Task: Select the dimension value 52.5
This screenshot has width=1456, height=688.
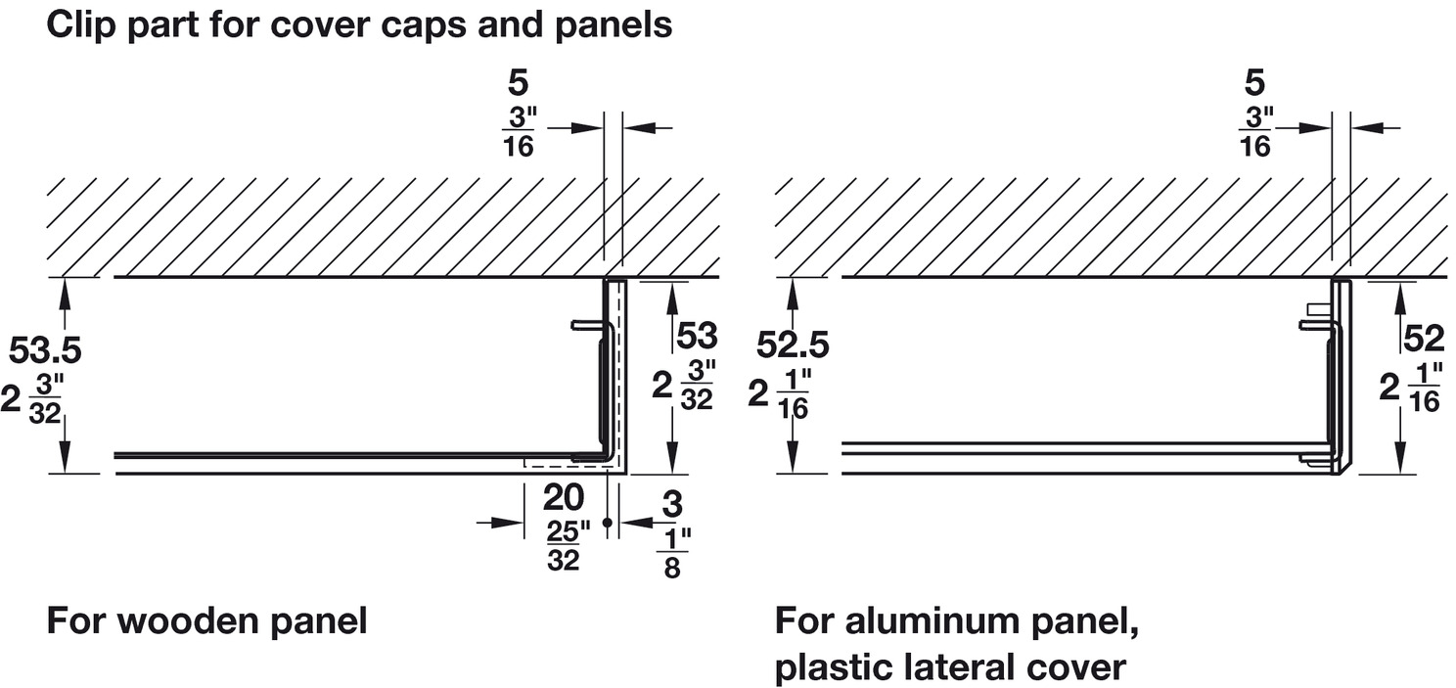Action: coord(794,344)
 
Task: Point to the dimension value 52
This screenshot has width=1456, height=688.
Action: coord(1424,339)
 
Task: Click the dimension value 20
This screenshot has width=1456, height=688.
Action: coord(564,498)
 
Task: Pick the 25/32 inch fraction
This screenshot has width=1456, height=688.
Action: coord(569,545)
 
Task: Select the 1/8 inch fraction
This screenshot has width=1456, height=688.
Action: coord(671,554)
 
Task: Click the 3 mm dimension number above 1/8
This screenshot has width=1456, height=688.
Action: coord(671,505)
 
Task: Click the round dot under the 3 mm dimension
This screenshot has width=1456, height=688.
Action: coord(608,524)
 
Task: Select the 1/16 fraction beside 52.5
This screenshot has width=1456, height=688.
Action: coord(794,395)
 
